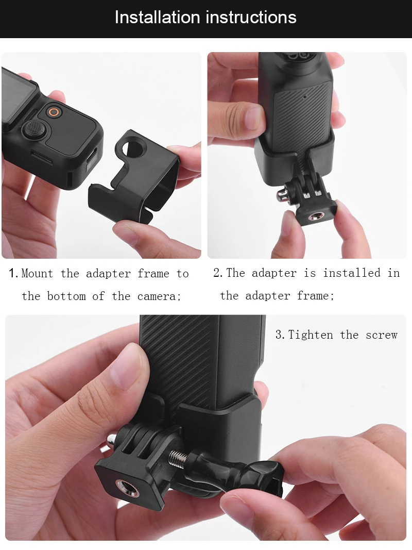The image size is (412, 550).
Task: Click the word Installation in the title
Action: click(x=158, y=17)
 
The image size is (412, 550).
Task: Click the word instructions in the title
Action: click(x=251, y=17)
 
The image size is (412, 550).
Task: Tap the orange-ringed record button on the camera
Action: click(x=54, y=112)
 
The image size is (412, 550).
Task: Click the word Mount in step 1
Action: click(x=37, y=273)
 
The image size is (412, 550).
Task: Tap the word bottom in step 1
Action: click(x=66, y=296)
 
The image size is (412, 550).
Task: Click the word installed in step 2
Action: click(x=352, y=273)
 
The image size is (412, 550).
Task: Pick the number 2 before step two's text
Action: click(x=217, y=273)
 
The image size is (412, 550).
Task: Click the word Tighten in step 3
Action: click(x=311, y=335)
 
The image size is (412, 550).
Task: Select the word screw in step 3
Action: click(x=382, y=335)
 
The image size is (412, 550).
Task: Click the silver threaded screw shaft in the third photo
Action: click(x=178, y=457)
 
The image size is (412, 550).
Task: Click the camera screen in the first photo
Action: click(x=18, y=99)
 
